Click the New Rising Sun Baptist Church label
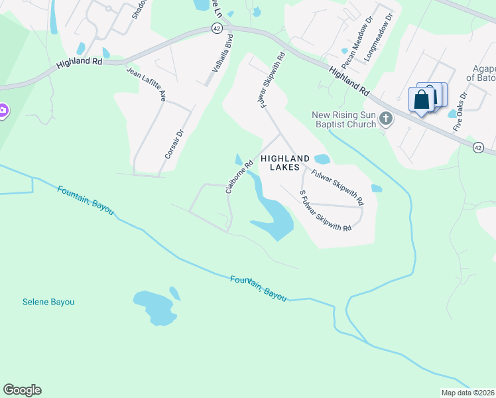pyautogui.click(x=344, y=120)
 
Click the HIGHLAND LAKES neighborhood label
pyautogui.click(x=285, y=163)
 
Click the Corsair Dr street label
pyautogui.click(x=176, y=140)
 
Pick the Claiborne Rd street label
pyautogui.click(x=240, y=176)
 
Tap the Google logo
pyautogui.click(x=22, y=390)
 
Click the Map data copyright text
pyautogui.click(x=468, y=393)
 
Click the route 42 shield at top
pyautogui.click(x=217, y=28)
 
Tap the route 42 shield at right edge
pyautogui.click(x=477, y=147)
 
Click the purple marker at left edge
pyautogui.click(x=3, y=110)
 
